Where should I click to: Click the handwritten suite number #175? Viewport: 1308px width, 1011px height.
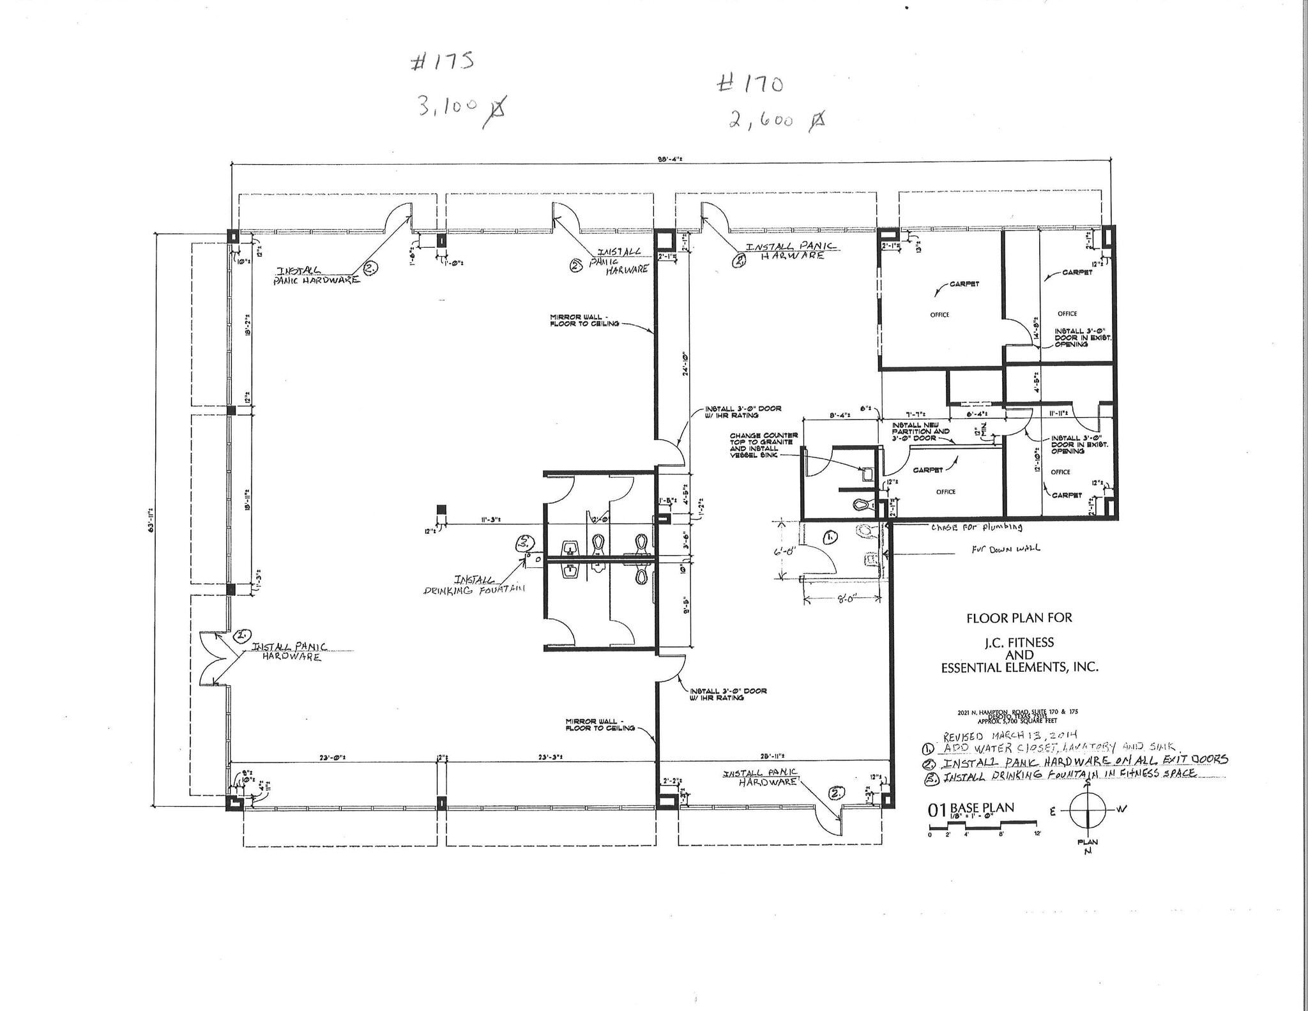pos(442,63)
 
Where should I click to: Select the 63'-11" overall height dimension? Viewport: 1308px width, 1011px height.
pos(151,519)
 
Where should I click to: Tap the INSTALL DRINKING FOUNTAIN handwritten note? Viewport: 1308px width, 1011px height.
pos(473,585)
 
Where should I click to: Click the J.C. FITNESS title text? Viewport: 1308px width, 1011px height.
pos(1019,642)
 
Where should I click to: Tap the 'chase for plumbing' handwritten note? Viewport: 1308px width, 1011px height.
pos(977,528)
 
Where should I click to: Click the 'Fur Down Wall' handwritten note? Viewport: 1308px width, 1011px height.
pos(1005,548)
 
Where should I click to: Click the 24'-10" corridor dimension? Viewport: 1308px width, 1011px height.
pos(682,364)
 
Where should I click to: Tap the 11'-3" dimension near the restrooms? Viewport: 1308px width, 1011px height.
pos(490,520)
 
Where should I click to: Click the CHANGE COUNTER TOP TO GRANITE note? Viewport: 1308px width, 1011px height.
pos(763,445)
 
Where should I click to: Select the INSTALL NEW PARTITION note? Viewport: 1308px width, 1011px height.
pos(920,432)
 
